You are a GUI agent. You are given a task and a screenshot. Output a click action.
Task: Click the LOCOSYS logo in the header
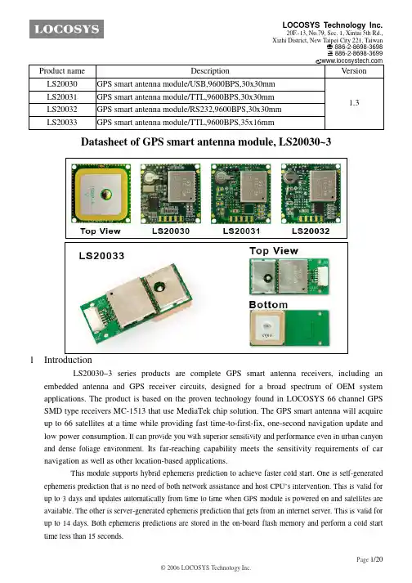tap(66, 29)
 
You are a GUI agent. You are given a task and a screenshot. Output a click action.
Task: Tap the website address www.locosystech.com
tap(352, 61)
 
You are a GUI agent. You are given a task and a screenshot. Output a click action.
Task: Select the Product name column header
tap(62, 71)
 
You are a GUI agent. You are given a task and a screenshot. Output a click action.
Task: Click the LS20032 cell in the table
tap(62, 110)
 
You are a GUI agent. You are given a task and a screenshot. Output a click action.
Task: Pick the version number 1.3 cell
tap(354, 103)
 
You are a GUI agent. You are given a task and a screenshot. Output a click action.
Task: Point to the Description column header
tap(210, 71)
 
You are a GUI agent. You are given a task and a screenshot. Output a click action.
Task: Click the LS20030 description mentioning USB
tap(186, 84)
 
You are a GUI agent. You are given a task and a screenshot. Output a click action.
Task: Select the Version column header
tap(354, 71)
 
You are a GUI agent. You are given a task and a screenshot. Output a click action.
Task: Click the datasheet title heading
tap(206, 141)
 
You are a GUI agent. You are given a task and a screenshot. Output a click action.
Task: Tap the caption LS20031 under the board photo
tap(241, 231)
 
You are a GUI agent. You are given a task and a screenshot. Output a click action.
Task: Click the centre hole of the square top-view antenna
tap(106, 194)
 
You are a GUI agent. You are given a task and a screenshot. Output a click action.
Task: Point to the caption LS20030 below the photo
tap(171, 231)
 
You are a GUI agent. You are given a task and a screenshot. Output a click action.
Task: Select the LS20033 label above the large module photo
tap(101, 256)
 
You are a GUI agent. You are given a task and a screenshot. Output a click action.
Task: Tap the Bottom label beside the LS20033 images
tap(268, 305)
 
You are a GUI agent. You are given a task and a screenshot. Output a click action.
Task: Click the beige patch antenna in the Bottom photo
tap(267, 327)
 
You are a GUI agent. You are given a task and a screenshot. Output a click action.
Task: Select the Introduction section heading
tap(68, 360)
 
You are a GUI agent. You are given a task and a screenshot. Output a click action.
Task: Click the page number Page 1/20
tap(369, 559)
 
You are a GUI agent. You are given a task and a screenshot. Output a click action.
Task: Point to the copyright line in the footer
tap(206, 567)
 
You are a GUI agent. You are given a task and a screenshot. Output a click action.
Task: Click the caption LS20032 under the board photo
tap(311, 231)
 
